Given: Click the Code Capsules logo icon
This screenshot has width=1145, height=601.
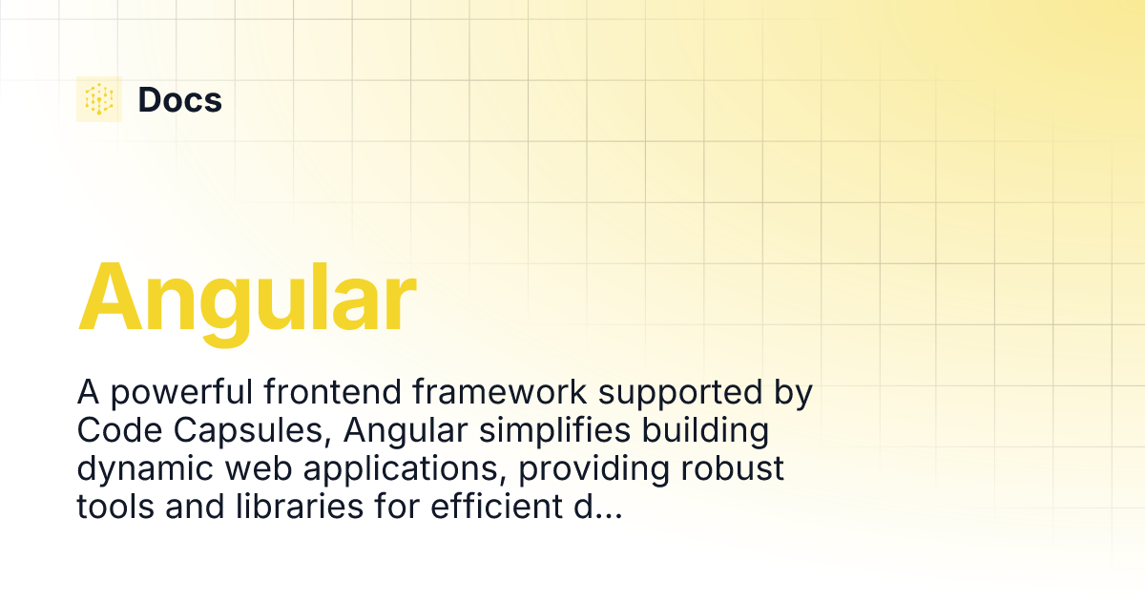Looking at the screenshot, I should pos(99,99).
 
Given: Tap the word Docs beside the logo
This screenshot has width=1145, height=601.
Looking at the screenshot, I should pos(180,100).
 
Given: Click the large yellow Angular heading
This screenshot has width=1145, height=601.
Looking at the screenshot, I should pos(247,298).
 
